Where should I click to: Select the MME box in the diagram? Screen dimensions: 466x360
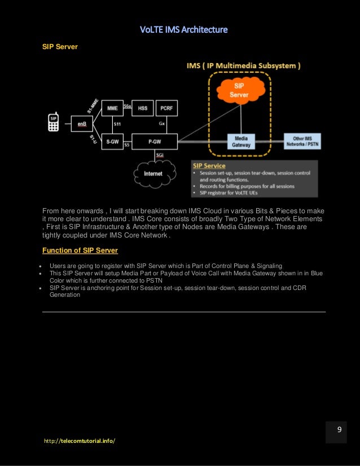pos(112,108)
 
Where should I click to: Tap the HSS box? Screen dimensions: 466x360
pos(143,108)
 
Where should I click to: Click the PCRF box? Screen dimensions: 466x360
pos(166,108)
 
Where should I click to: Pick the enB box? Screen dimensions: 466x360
pos(82,123)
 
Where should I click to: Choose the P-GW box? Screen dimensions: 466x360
pos(155,142)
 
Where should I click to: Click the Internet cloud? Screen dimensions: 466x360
pos(153,173)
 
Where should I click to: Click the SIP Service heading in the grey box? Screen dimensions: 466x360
pos(209,166)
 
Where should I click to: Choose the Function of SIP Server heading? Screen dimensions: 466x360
pos(80,250)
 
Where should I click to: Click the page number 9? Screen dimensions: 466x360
pos(340,430)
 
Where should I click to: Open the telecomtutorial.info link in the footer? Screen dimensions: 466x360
pos(80,440)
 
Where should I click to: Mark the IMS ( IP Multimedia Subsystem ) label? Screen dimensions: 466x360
pos(243,65)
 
